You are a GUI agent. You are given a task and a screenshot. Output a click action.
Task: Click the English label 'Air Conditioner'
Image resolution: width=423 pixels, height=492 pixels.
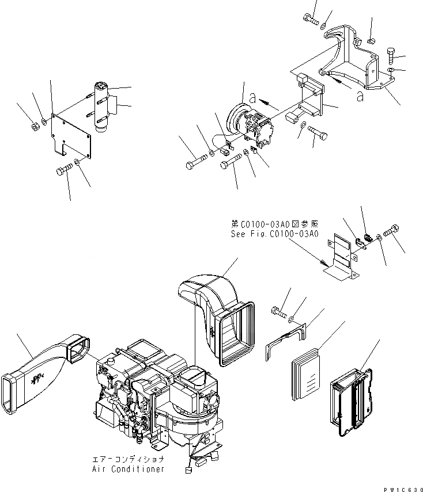pos(128,469)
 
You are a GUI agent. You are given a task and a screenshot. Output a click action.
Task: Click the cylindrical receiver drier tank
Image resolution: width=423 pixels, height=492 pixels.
pos(101,108)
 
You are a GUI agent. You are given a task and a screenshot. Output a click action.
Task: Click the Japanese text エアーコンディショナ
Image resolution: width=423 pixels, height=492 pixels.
pos(128,460)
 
